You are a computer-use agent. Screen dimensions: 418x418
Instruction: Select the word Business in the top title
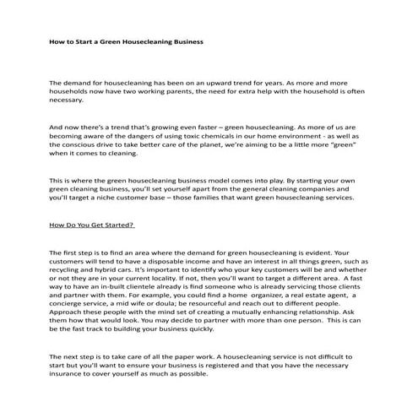coord(182,40)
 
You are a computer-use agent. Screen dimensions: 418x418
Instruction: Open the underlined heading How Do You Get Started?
coord(93,225)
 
